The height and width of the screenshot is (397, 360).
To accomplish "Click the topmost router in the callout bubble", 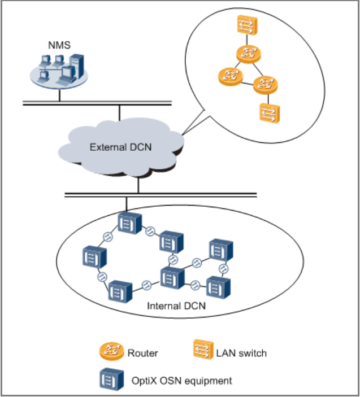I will click(x=248, y=55).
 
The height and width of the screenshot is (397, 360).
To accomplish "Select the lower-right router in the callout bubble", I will click(x=266, y=85).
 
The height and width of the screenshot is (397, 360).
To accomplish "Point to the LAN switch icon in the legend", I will click(x=202, y=352).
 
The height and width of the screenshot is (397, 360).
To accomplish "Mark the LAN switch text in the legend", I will click(x=241, y=354).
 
